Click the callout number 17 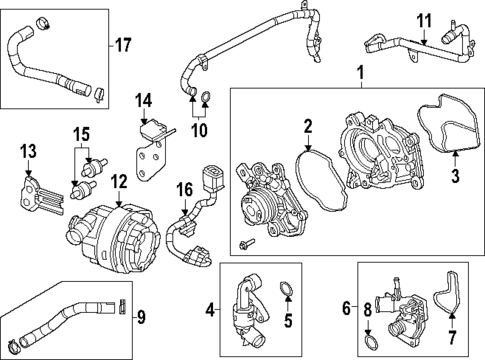(122, 45)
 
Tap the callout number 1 (360, 72)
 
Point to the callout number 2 (308, 126)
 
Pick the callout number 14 (144, 100)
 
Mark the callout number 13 (28, 150)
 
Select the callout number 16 (182, 188)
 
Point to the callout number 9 (140, 319)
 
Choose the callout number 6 (347, 309)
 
